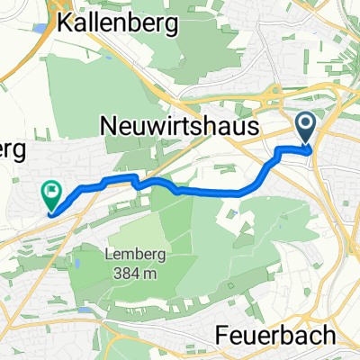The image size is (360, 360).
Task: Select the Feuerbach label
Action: [276, 335]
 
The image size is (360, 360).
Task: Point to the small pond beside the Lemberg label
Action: [78, 265]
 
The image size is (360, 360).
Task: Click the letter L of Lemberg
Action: [108, 254]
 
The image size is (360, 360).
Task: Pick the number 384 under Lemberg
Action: [125, 269]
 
